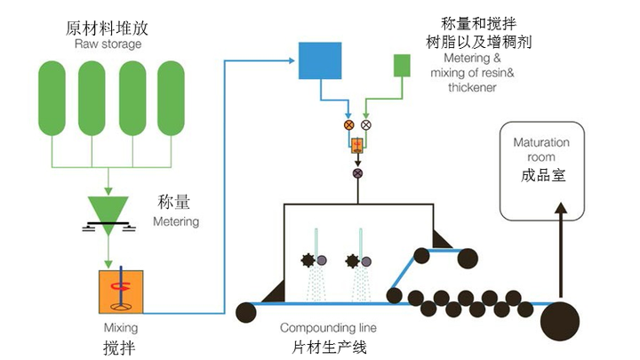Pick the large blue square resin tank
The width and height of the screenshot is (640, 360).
[x=319, y=63]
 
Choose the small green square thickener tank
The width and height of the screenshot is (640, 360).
[x=402, y=65]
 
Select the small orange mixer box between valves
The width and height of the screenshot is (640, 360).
[x=357, y=147]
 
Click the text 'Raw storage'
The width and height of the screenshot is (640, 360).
[x=104, y=44]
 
